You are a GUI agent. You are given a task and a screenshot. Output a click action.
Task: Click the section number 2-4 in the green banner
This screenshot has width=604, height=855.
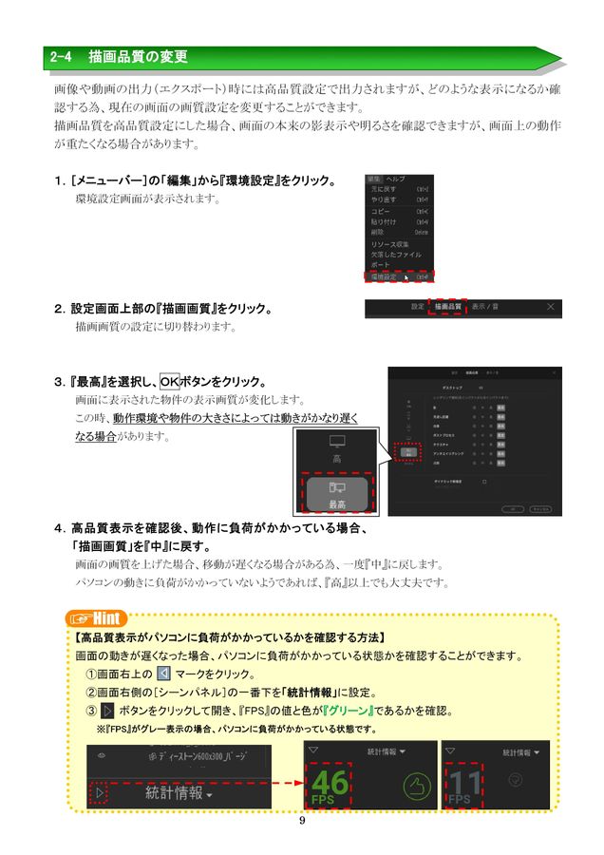62,58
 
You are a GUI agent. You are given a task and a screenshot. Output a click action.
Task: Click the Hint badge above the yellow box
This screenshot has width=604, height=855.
102,618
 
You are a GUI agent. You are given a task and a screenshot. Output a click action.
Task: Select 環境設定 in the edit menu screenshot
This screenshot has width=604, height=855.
385,277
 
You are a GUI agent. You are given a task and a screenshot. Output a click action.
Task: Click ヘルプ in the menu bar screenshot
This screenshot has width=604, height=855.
395,179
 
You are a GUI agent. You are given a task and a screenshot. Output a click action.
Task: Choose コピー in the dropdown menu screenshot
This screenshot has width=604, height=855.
381,211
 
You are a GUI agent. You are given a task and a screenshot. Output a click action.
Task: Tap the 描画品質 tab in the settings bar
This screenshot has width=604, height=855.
447,308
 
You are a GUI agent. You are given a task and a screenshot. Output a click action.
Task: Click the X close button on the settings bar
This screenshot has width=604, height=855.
550,308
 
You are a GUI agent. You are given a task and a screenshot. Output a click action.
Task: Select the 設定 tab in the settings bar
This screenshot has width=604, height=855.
417,308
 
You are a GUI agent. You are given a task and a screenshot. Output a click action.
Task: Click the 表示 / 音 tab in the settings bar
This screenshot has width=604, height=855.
487,308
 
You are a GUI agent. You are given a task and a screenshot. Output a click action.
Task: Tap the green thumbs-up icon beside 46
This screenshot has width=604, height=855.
411,784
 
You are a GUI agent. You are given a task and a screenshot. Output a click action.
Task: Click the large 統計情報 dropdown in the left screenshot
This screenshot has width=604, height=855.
179,792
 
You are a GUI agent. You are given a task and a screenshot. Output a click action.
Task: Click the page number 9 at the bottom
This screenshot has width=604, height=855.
301,822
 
